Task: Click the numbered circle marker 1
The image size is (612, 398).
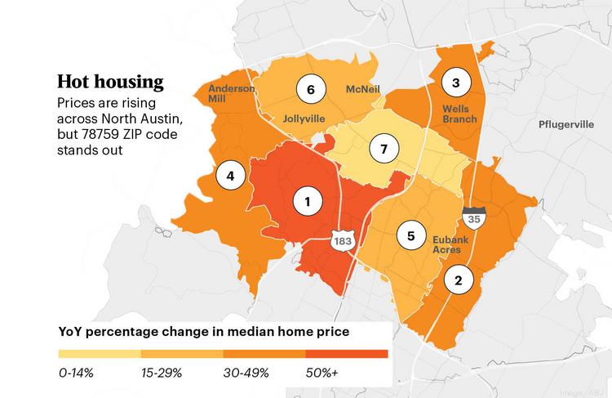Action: coord(308,201)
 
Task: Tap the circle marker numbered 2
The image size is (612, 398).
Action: coord(459,280)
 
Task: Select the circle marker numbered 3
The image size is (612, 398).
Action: coord(456,83)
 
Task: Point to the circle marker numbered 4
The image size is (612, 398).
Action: coord(231,176)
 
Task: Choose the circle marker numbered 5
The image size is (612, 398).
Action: coord(411,235)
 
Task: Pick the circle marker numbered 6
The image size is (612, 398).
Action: coord(311,90)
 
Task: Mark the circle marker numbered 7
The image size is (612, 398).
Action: coord(384,149)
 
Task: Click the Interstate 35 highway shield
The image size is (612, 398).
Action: coord(474,217)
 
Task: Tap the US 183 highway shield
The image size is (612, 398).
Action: coord(343,240)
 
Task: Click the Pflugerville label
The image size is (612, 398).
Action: coord(566,125)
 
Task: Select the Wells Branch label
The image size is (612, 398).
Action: coord(459,114)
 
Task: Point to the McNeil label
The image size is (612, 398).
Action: coord(363,89)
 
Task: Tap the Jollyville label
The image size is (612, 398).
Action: coord(304,119)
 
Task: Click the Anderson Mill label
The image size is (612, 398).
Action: coord(232,93)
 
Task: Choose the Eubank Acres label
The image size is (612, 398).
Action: coord(450,244)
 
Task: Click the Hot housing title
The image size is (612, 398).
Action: coord(110,82)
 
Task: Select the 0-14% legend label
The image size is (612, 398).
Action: coord(76,373)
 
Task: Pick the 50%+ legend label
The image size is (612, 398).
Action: coord(322,373)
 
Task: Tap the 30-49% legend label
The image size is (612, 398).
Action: coord(246,373)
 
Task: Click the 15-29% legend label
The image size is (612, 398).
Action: coord(162,373)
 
